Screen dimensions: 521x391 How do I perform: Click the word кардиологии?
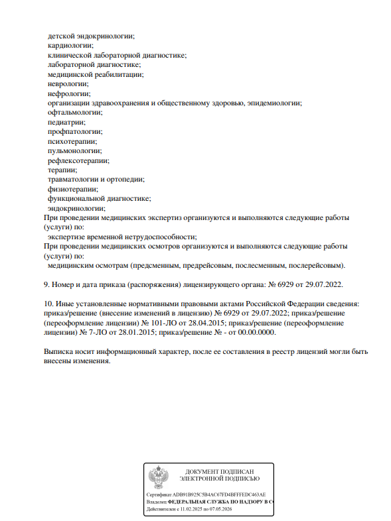click(x=70, y=46)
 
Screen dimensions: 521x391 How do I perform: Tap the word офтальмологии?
click(x=74, y=113)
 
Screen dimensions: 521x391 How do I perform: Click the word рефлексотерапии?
click(x=78, y=160)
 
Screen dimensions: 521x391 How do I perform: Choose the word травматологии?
click(x=74, y=180)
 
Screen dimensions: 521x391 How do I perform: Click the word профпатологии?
click(x=73, y=132)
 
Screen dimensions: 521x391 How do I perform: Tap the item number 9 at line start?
click(x=46, y=284)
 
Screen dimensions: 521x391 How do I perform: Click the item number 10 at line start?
click(x=48, y=304)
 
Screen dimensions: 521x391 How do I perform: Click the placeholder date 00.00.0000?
click(x=256, y=333)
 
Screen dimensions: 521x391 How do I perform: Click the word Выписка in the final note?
click(x=61, y=351)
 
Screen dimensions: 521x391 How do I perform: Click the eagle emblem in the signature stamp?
click(x=157, y=477)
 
